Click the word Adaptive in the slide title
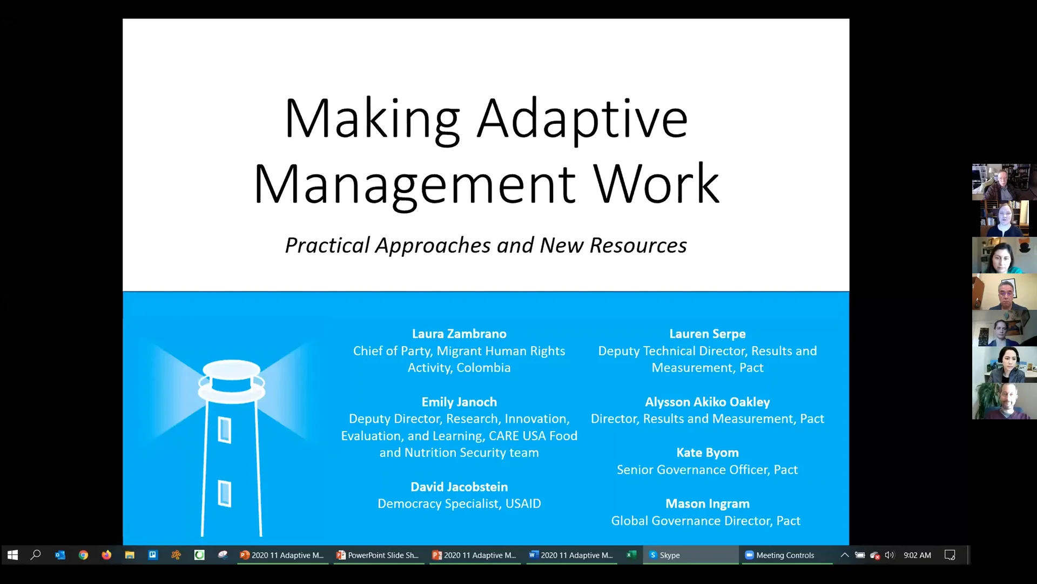tap(582, 119)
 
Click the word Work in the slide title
tap(656, 184)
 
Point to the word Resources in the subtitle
tap(638, 245)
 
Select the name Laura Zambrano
tap(459, 334)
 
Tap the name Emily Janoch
tap(459, 402)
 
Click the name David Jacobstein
tap(459, 487)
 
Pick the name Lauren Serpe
tap(707, 334)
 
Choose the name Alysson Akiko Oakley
tap(707, 402)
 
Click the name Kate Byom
tap(707, 453)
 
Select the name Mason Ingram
tap(707, 503)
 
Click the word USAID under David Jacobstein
tap(523, 504)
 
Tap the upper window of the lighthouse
tap(225, 430)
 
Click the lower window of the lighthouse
tap(225, 493)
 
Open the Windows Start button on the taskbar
tap(12, 555)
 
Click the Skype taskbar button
tap(669, 555)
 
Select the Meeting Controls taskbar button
tap(784, 555)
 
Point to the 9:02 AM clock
tap(917, 555)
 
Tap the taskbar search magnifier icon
tap(36, 555)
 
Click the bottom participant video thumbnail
tap(1004, 401)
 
